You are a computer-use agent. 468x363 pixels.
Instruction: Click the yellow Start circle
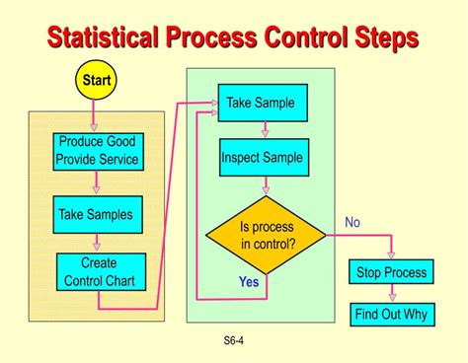(96, 79)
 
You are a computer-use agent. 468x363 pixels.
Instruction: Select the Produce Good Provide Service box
(97, 150)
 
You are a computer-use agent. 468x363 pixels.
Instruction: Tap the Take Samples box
(95, 214)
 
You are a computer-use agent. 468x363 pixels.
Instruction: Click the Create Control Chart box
(100, 271)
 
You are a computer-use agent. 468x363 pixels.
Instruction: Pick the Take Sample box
(261, 103)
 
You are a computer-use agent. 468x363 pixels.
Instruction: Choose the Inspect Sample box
(262, 157)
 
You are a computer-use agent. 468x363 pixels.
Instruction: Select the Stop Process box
(391, 272)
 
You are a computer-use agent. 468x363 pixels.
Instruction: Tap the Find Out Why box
(391, 315)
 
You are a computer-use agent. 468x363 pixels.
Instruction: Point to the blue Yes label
(249, 281)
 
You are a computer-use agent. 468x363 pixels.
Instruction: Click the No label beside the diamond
(352, 222)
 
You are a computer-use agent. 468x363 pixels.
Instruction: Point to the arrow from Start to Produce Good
(96, 116)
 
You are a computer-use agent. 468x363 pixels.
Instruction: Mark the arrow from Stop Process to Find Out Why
(392, 294)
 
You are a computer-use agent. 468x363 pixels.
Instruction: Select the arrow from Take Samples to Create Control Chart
(96, 243)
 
